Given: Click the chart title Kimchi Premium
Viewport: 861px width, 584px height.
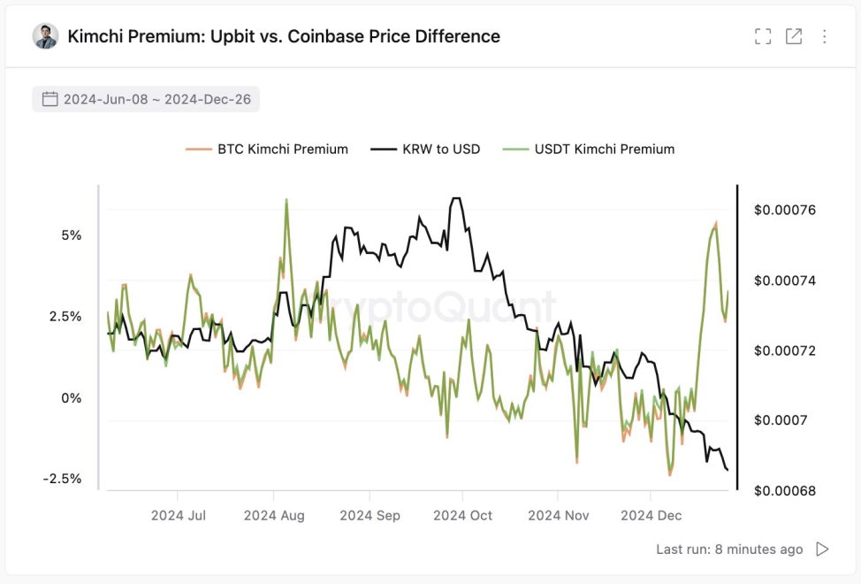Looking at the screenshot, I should [284, 36].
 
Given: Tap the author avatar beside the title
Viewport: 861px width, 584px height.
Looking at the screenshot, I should [45, 36].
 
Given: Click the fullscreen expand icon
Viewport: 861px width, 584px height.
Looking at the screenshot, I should [763, 36].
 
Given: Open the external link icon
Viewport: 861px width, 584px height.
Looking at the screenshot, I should [794, 36].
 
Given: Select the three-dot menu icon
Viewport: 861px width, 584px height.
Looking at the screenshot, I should [825, 36].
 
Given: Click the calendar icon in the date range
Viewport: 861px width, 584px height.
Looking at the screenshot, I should [50, 99].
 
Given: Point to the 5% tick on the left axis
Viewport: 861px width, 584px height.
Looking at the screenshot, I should [72, 235].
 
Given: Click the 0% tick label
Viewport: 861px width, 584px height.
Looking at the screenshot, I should [72, 397].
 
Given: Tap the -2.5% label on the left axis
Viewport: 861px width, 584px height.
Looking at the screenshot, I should [62, 479].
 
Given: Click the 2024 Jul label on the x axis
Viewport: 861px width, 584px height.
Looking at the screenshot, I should [179, 515].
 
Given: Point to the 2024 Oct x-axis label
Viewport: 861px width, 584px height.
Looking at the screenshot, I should [463, 515].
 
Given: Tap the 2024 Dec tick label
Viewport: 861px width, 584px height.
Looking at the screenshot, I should [651, 515].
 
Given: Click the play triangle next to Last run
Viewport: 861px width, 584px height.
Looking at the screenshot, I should [822, 549].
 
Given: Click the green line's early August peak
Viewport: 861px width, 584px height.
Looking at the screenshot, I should [286, 201].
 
